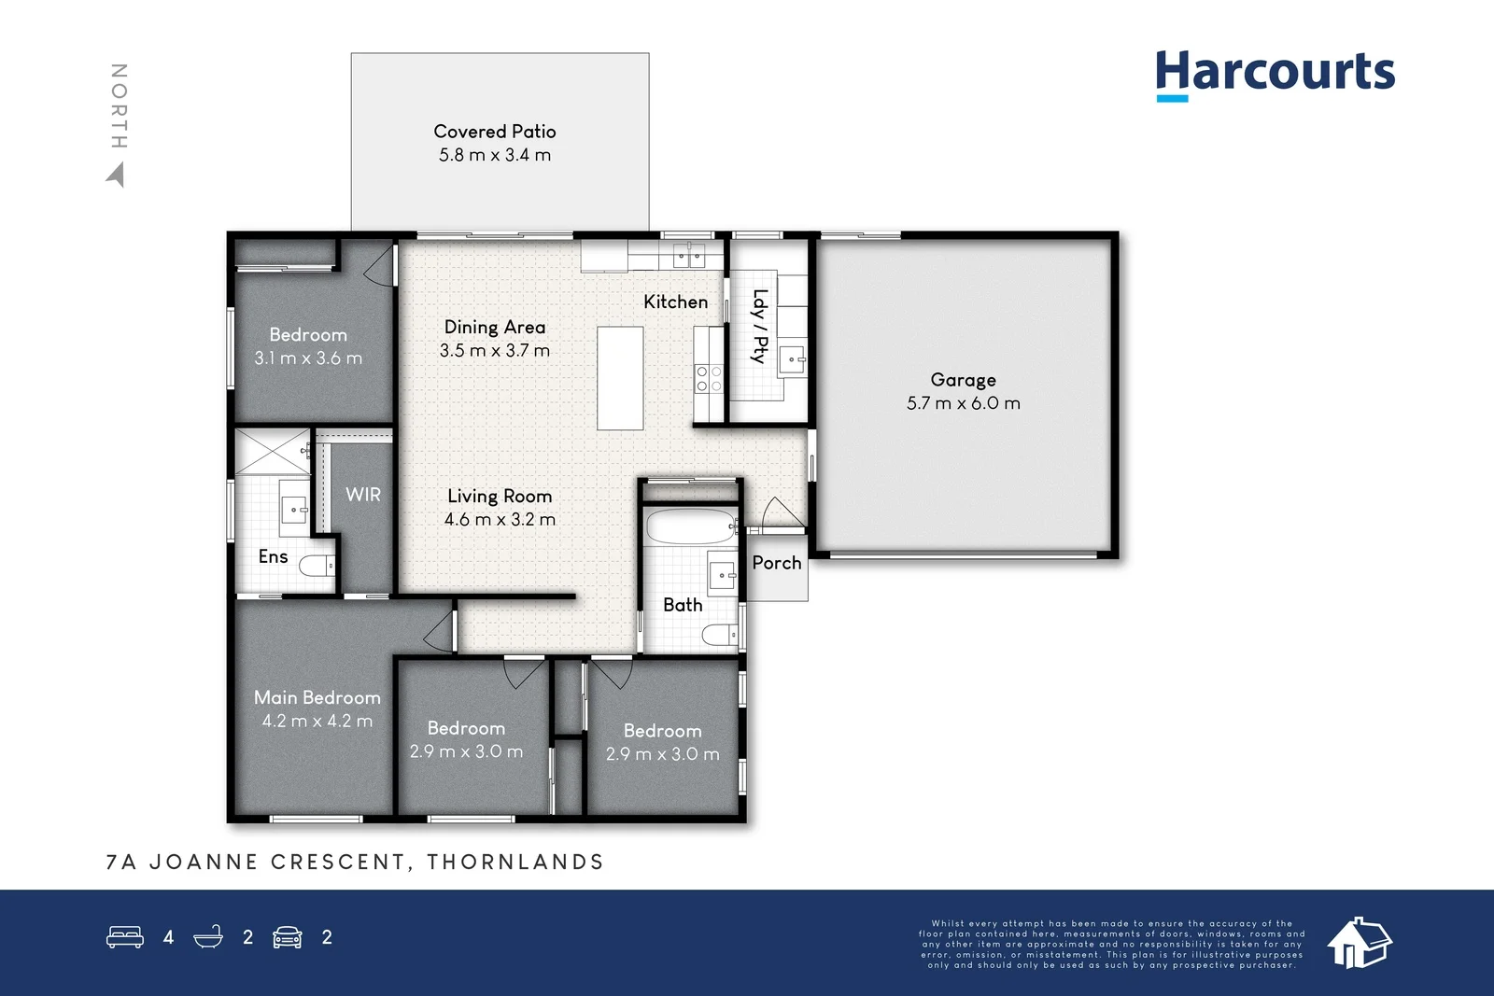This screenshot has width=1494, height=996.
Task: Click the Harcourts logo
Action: pos(1275,74)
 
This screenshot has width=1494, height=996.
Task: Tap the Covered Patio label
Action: pos(495,132)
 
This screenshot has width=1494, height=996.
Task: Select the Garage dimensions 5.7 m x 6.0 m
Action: pos(963,403)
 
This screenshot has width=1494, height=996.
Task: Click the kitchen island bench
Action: pos(620,377)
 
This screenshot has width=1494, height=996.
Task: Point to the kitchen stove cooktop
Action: pos(709,378)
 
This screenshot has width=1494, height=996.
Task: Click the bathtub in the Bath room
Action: pos(690,526)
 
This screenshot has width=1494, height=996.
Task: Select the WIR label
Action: pos(363,495)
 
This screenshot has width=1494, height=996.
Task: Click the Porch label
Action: pos(776,563)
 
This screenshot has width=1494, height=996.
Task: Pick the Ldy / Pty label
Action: pos(760,326)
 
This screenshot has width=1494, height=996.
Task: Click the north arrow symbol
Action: pos(116,175)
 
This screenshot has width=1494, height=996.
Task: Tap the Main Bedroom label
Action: pos(317,697)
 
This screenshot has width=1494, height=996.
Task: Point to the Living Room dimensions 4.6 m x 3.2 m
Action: pos(500,520)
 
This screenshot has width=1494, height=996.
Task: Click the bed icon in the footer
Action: pos(125,937)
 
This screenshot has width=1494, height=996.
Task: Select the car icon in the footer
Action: pos(287,937)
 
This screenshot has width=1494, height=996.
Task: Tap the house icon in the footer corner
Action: pos(1359,942)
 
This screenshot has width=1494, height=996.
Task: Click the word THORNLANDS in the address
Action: pos(515,862)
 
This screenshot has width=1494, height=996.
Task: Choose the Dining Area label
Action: pos(495,327)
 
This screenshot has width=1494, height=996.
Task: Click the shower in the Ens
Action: pos(272,452)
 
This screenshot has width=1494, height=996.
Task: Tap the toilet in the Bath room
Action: pos(719,636)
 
